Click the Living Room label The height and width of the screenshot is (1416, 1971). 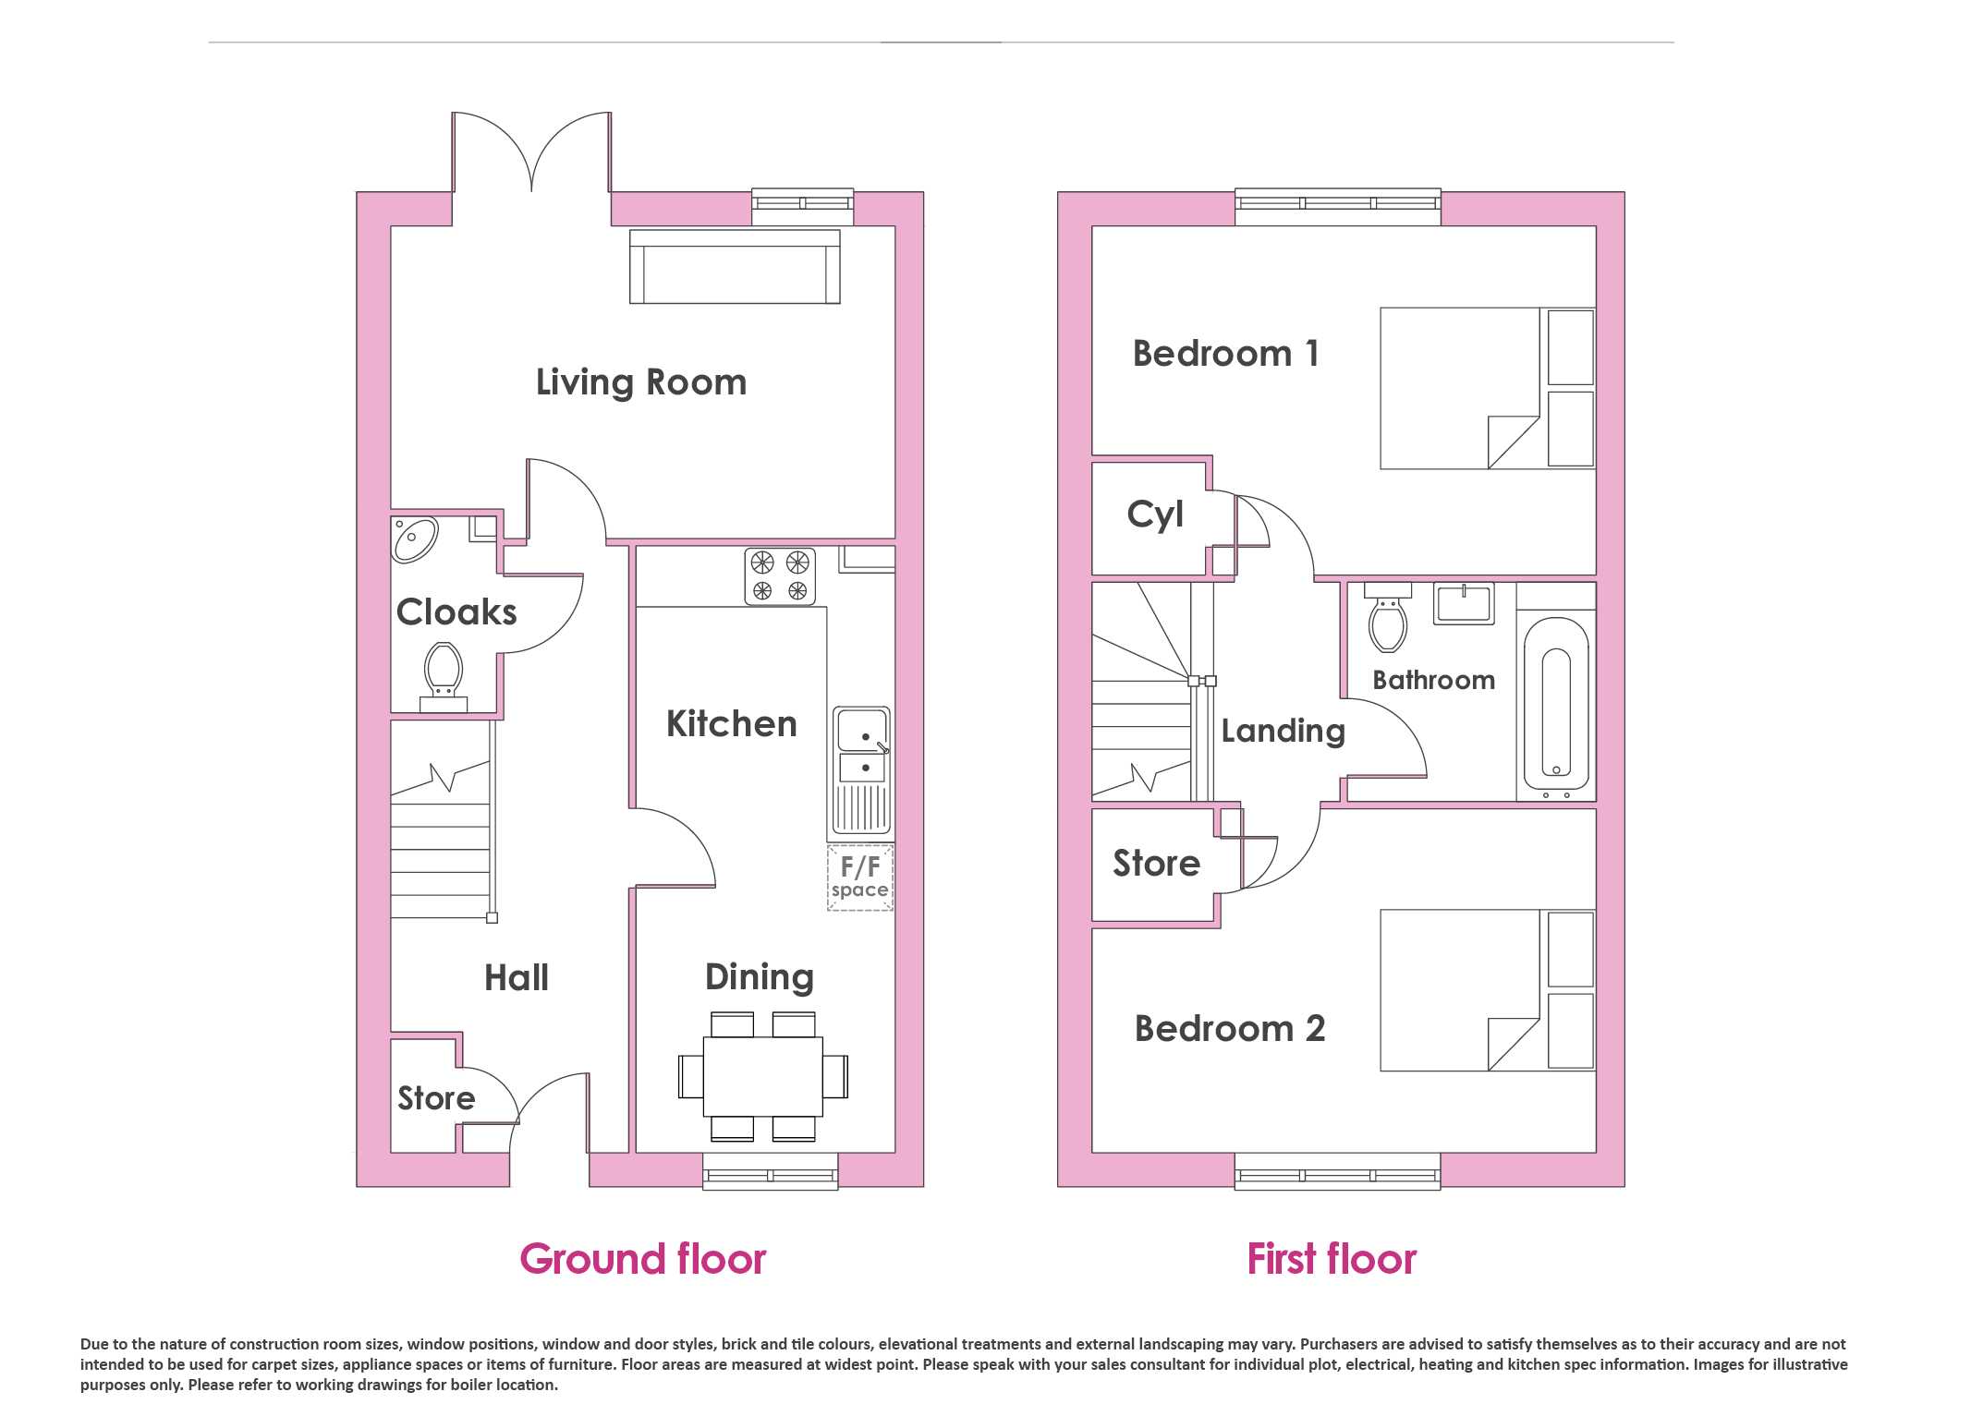[x=641, y=382]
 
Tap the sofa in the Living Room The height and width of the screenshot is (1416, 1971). [x=735, y=266]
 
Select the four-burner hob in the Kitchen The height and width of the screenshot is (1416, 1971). [x=780, y=576]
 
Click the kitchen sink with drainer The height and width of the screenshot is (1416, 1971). [x=862, y=770]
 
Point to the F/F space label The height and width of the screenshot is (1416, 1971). [x=860, y=877]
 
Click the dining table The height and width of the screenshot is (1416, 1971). [x=763, y=1076]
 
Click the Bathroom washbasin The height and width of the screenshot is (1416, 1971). [x=1464, y=603]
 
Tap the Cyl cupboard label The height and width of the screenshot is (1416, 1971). [x=1155, y=514]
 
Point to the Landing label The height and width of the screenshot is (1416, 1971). [x=1284, y=731]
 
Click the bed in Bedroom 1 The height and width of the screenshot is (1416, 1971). [x=1488, y=388]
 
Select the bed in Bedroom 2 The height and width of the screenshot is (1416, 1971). [x=1488, y=990]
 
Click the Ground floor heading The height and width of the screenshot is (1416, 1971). [x=643, y=1259]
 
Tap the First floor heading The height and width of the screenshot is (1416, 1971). [x=1332, y=1259]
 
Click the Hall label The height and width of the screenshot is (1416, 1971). [x=517, y=977]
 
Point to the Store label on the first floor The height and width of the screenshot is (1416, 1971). [x=1156, y=863]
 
